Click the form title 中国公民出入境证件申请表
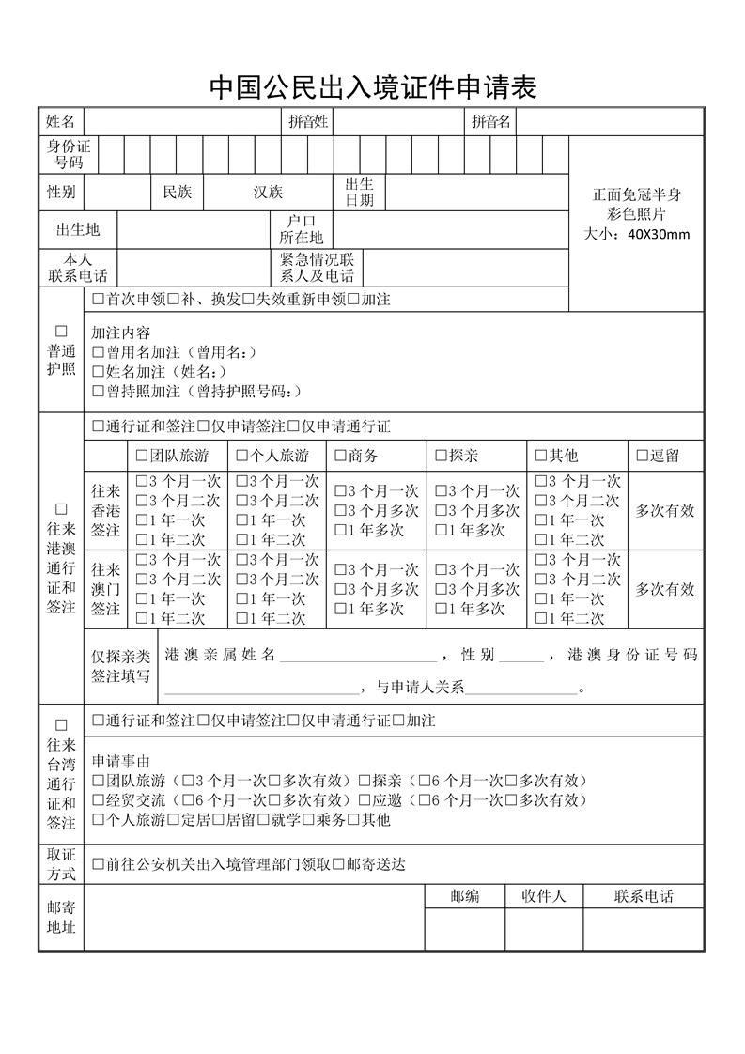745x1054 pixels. click(372, 87)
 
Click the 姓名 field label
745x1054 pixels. click(61, 121)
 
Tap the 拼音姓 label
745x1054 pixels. click(308, 121)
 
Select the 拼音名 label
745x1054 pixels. click(491, 121)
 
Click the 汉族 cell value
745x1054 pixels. click(268, 193)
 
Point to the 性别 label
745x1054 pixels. click(61, 193)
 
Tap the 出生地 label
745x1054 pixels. click(78, 229)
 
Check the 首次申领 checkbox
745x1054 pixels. click(99, 300)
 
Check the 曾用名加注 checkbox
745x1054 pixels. click(99, 352)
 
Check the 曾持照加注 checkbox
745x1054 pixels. click(99, 392)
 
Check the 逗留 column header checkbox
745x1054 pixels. click(643, 456)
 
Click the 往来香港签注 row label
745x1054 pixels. click(106, 510)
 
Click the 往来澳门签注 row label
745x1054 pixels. click(106, 589)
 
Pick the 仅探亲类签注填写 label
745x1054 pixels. click(120, 666)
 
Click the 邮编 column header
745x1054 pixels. click(464, 896)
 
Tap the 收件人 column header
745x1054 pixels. click(544, 896)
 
